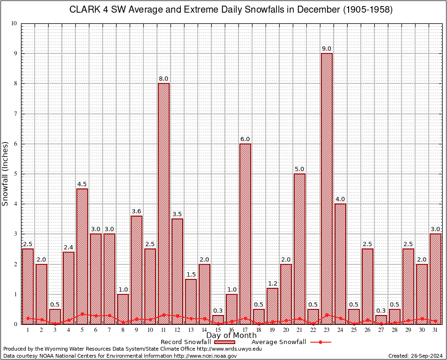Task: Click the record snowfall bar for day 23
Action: click(327, 187)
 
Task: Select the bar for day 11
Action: click(164, 202)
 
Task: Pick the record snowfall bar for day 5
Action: click(82, 255)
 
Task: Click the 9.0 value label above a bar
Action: click(327, 49)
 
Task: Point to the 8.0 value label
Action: click(164, 79)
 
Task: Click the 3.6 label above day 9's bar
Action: click(136, 211)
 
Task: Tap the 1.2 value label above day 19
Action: click(272, 283)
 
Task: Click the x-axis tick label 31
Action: click(435, 330)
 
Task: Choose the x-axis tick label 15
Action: click(218, 330)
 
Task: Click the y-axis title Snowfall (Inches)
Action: click(6, 173)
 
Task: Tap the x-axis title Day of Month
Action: click(231, 335)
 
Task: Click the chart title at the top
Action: click(231, 10)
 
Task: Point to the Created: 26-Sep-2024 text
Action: click(415, 356)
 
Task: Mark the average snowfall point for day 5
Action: click(82, 314)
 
